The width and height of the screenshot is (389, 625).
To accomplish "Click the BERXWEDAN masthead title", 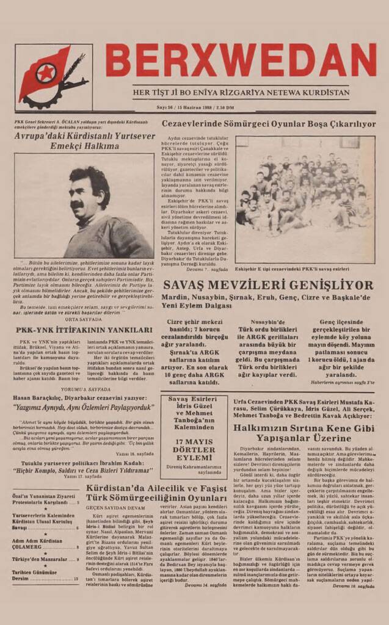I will tap(241, 59).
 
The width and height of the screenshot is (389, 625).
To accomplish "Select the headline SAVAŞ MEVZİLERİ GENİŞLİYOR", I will tap(267, 286).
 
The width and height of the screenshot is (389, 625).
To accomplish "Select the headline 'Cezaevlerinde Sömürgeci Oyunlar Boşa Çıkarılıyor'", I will tap(269, 124).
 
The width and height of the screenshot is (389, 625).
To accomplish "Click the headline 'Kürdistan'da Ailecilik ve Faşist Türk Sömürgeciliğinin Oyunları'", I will tap(156, 493).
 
